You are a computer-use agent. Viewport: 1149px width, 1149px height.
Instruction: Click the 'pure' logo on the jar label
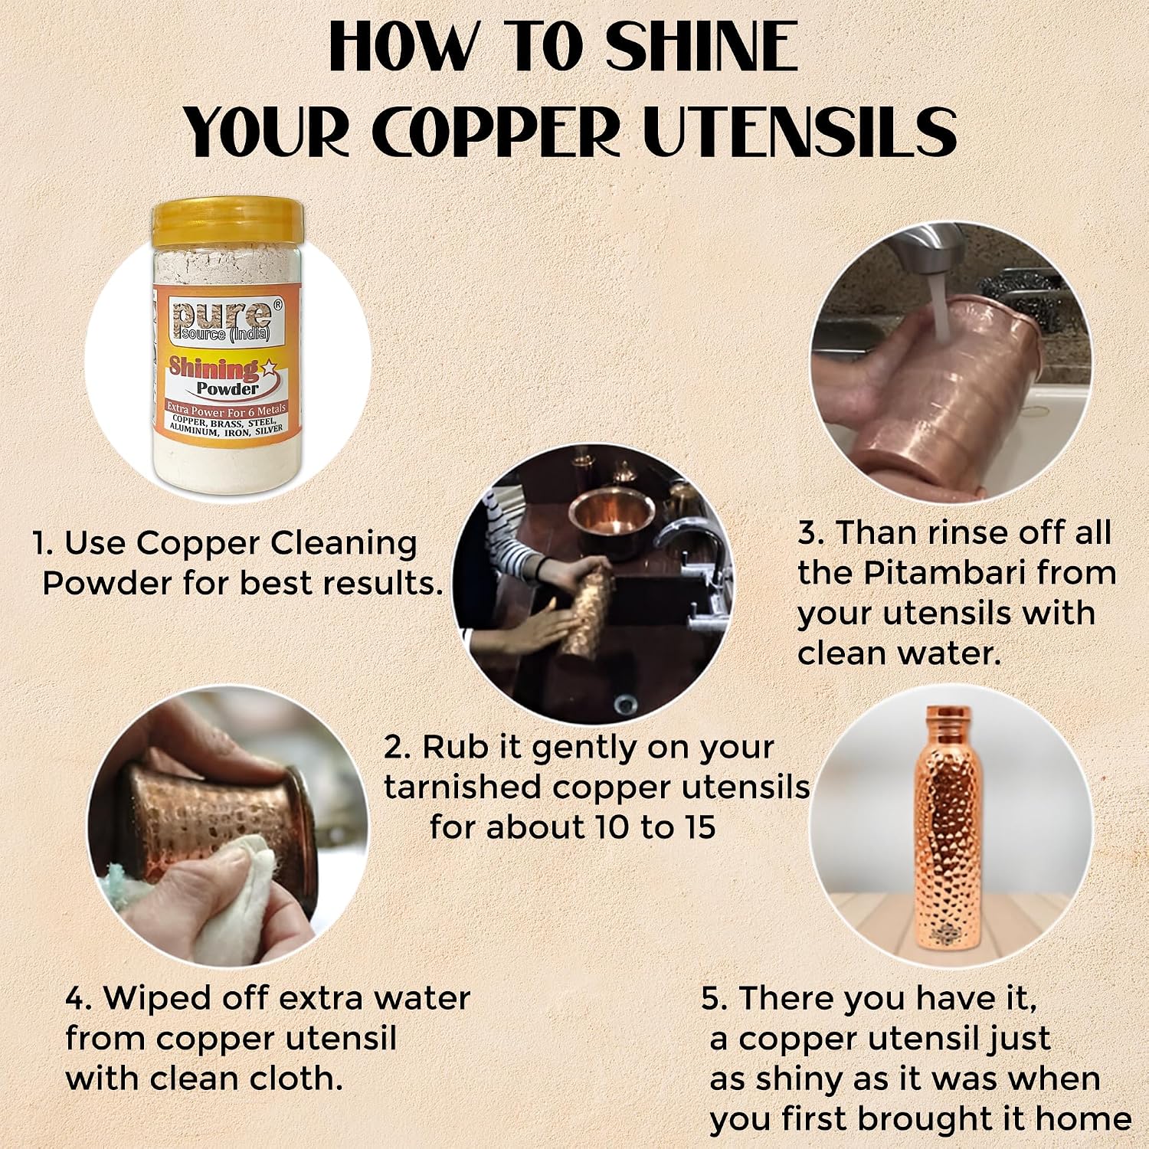(x=221, y=320)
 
